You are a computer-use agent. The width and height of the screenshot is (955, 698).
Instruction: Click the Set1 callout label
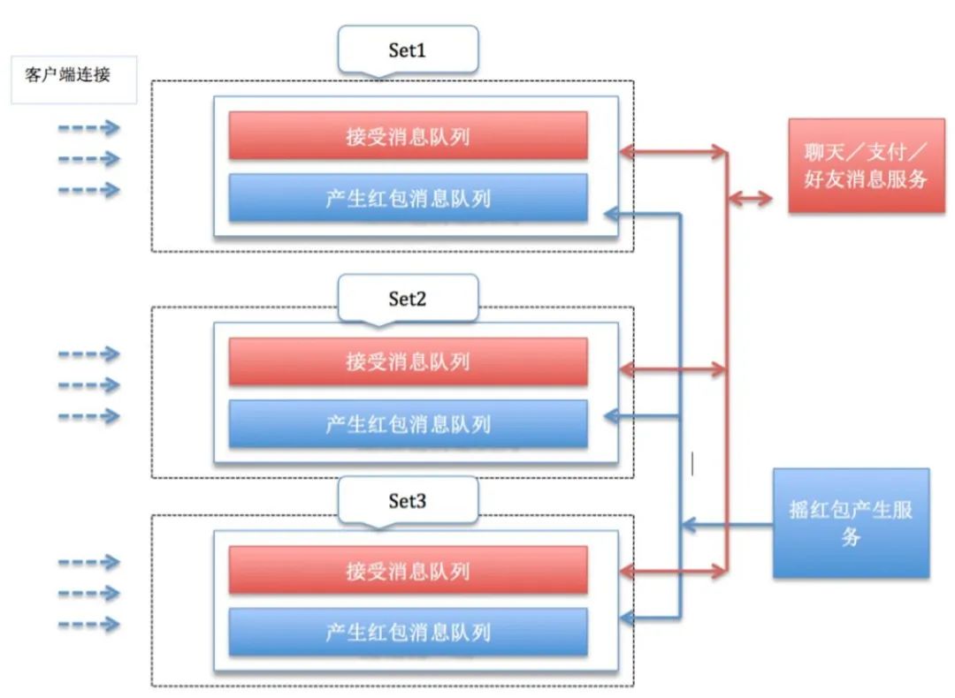[x=408, y=50]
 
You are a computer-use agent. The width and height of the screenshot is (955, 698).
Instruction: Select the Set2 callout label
[x=408, y=299]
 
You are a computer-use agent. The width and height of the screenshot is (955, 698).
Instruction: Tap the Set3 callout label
[x=408, y=501]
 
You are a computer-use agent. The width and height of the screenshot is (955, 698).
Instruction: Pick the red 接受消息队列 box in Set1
[x=408, y=136]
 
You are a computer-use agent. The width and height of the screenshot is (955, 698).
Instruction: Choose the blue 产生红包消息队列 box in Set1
[x=408, y=198]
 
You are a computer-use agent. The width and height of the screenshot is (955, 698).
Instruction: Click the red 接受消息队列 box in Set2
[x=408, y=361]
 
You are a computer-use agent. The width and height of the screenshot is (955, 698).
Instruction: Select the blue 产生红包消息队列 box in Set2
[x=408, y=424]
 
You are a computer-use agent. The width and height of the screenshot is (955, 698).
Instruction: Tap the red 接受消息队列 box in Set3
[x=408, y=571]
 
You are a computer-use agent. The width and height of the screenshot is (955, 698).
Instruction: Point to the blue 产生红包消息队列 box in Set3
[x=408, y=633]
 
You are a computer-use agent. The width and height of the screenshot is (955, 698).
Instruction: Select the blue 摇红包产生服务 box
[x=851, y=523]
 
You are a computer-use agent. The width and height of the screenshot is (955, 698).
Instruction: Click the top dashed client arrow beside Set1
[x=88, y=129]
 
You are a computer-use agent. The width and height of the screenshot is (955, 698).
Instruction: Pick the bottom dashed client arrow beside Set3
[x=88, y=624]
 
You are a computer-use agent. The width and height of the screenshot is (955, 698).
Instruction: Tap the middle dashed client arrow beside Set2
[x=88, y=385]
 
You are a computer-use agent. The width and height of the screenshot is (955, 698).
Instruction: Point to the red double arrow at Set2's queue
[x=672, y=371]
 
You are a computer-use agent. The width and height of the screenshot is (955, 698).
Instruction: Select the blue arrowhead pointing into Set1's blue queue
[x=610, y=213]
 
